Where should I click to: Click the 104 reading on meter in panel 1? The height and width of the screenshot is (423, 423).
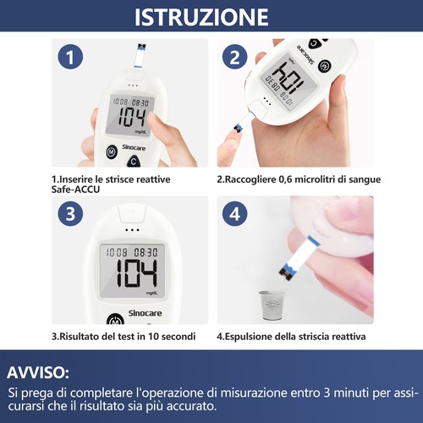coord(131,118)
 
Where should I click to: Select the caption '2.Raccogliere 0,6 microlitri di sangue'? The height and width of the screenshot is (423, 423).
coord(298,179)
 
